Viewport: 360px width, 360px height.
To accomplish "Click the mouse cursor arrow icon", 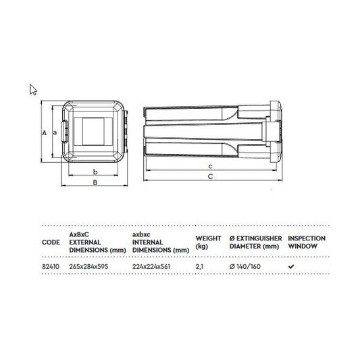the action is (x=33, y=90).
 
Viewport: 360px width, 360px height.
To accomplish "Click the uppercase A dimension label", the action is (x=45, y=132).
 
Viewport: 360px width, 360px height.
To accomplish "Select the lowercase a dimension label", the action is (x=55, y=132).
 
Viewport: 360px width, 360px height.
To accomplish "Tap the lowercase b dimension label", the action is (x=95, y=172).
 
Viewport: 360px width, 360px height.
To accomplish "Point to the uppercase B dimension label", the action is (x=95, y=182).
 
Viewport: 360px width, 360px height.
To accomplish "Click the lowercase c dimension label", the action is (x=210, y=166).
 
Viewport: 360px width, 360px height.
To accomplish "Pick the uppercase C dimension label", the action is (x=210, y=176).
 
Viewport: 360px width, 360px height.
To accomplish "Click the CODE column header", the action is (x=51, y=242).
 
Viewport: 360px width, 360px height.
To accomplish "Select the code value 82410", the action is (x=51, y=267).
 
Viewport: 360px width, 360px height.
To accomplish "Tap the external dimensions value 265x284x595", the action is (x=88, y=267).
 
